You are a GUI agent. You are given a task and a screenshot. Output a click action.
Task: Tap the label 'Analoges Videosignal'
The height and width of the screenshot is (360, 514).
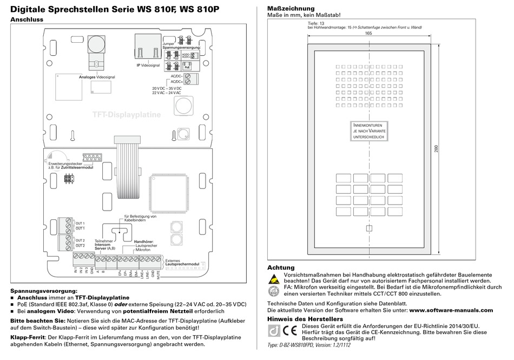coord(97,77)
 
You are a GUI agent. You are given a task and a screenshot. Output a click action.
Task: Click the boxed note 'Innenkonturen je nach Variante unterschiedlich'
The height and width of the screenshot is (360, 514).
coord(368,131)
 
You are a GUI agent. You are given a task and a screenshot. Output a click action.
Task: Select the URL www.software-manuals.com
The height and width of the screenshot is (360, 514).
coord(451,310)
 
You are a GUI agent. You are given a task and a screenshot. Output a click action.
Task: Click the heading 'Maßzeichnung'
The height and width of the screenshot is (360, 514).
coord(291,9)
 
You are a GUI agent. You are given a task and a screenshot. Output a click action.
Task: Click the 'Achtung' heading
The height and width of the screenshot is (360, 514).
coord(281,267)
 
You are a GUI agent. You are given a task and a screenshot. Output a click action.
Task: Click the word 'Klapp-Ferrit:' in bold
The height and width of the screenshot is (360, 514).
coord(28,337)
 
